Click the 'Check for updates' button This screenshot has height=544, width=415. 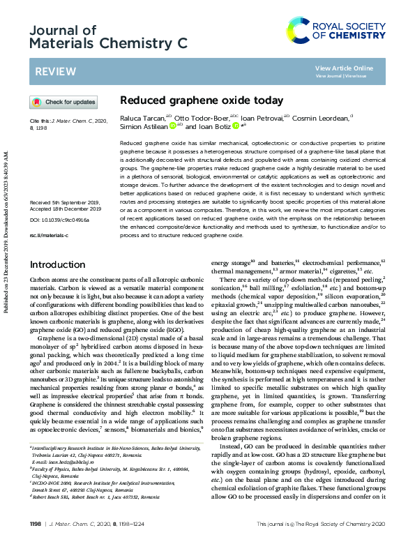tap(63, 103)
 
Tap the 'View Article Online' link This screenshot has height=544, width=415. tap(344, 68)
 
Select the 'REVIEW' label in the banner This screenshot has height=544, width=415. tap(52, 72)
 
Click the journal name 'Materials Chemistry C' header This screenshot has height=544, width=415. tap(108, 43)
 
